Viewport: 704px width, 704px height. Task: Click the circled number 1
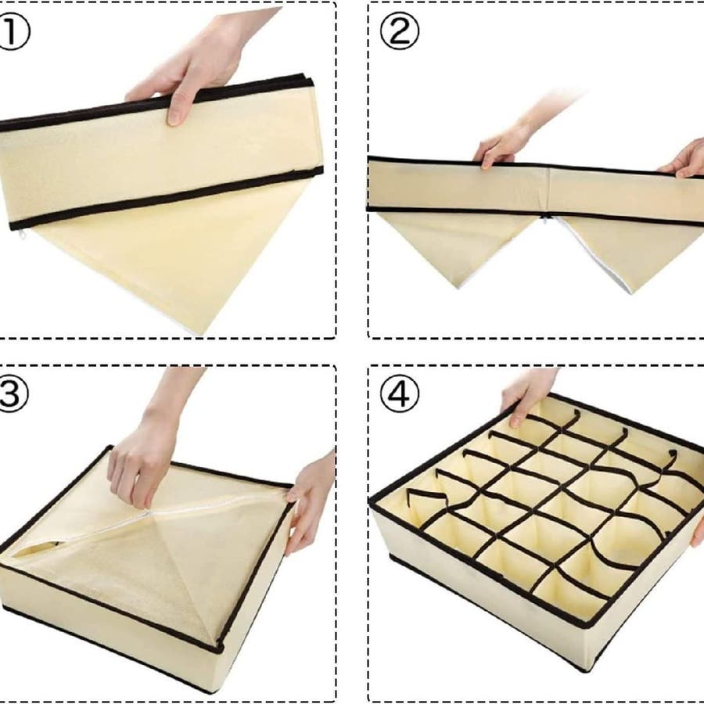(13, 32)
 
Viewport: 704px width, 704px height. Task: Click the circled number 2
(399, 31)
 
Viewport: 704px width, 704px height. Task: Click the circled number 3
(13, 393)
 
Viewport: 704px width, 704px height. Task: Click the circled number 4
(399, 393)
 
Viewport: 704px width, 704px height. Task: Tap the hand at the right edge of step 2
(684, 160)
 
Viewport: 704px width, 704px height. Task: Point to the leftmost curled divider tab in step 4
(424, 498)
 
